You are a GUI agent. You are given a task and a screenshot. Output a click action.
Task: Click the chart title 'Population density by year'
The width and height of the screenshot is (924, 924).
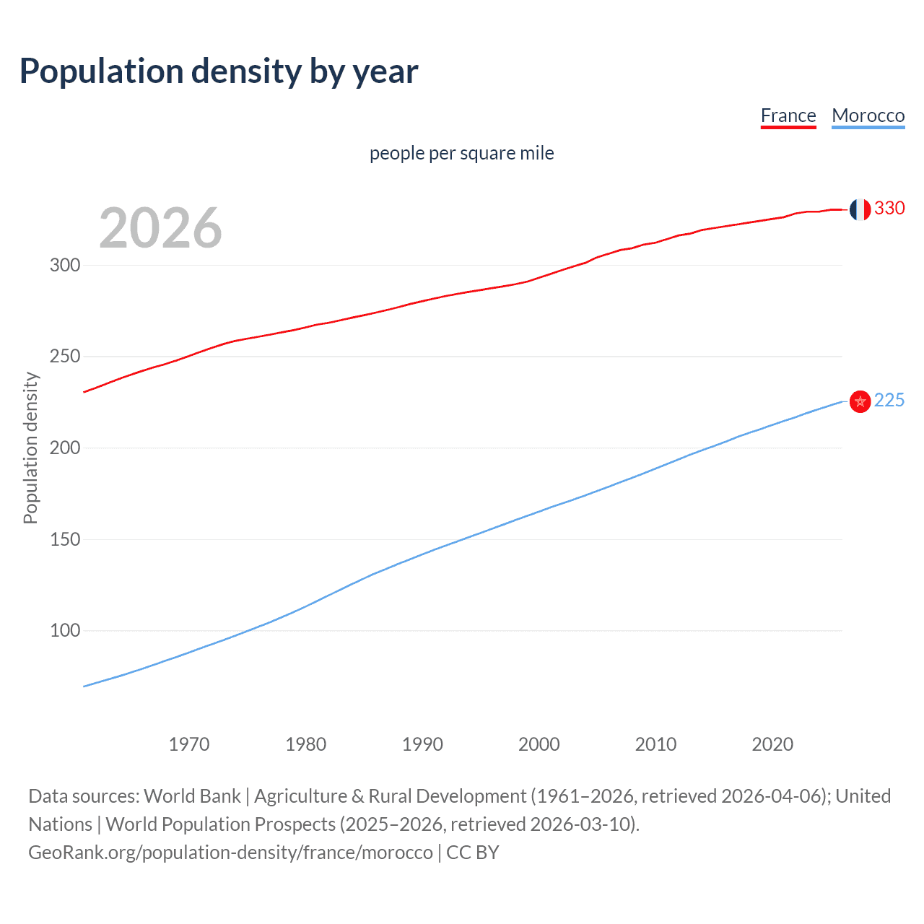[x=219, y=71]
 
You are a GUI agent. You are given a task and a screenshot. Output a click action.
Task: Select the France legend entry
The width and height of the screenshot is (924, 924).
[x=788, y=115]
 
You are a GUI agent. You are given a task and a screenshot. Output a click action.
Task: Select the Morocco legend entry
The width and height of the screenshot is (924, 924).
[x=868, y=115]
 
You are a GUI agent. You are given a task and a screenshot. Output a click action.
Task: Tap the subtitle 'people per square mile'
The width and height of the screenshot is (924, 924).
[x=461, y=153]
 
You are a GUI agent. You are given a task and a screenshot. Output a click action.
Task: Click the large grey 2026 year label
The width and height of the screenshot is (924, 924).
[x=160, y=228]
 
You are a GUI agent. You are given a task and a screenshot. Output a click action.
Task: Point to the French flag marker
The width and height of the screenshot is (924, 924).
[x=860, y=209]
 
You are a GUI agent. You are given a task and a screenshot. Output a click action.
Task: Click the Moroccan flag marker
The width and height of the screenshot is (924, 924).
[x=860, y=401]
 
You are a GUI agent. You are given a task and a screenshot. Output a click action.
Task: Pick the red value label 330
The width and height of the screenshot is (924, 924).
[x=889, y=208]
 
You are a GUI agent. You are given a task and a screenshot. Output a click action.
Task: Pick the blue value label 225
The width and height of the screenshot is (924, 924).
[x=889, y=400]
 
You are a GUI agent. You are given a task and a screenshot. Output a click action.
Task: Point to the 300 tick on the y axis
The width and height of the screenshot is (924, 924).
[x=65, y=265]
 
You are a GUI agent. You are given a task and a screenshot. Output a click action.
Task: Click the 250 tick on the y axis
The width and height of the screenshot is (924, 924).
[x=65, y=357]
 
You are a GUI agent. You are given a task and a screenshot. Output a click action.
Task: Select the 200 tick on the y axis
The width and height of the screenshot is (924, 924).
[x=65, y=448]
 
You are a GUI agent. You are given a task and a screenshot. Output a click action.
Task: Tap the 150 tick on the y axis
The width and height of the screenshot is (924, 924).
[x=65, y=539]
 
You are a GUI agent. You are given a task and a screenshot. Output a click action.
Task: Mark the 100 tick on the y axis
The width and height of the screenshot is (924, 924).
[x=65, y=630]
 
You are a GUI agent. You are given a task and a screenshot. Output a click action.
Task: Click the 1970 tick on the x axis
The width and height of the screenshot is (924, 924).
[x=189, y=744]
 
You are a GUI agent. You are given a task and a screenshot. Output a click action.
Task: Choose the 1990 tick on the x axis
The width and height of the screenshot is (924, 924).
[x=422, y=744]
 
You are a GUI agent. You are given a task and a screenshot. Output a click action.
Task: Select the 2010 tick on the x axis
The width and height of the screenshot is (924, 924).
[x=655, y=744]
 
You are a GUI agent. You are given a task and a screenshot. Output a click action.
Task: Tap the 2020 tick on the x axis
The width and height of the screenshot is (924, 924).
[x=772, y=744]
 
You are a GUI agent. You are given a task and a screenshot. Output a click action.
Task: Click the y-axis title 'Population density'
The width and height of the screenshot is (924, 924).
[x=30, y=448]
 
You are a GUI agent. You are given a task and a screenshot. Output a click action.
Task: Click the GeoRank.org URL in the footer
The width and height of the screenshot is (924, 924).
[x=230, y=853]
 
